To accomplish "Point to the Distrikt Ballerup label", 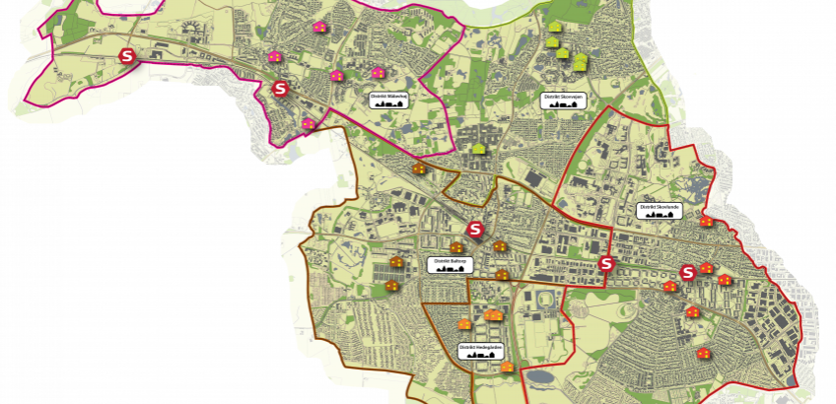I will point(449,264).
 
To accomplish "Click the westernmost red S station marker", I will point(127,57).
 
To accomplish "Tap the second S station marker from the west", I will point(280,90).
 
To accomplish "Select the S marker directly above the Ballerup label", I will point(475,230).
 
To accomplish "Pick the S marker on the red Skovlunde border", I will point(606,264).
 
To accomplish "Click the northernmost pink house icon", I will point(318,27).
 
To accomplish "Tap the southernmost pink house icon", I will point(309,124).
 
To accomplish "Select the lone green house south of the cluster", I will point(479,149).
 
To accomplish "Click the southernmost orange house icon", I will point(507,367).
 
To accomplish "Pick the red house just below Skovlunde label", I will point(706,223).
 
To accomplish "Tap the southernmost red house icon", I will point(703,352).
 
